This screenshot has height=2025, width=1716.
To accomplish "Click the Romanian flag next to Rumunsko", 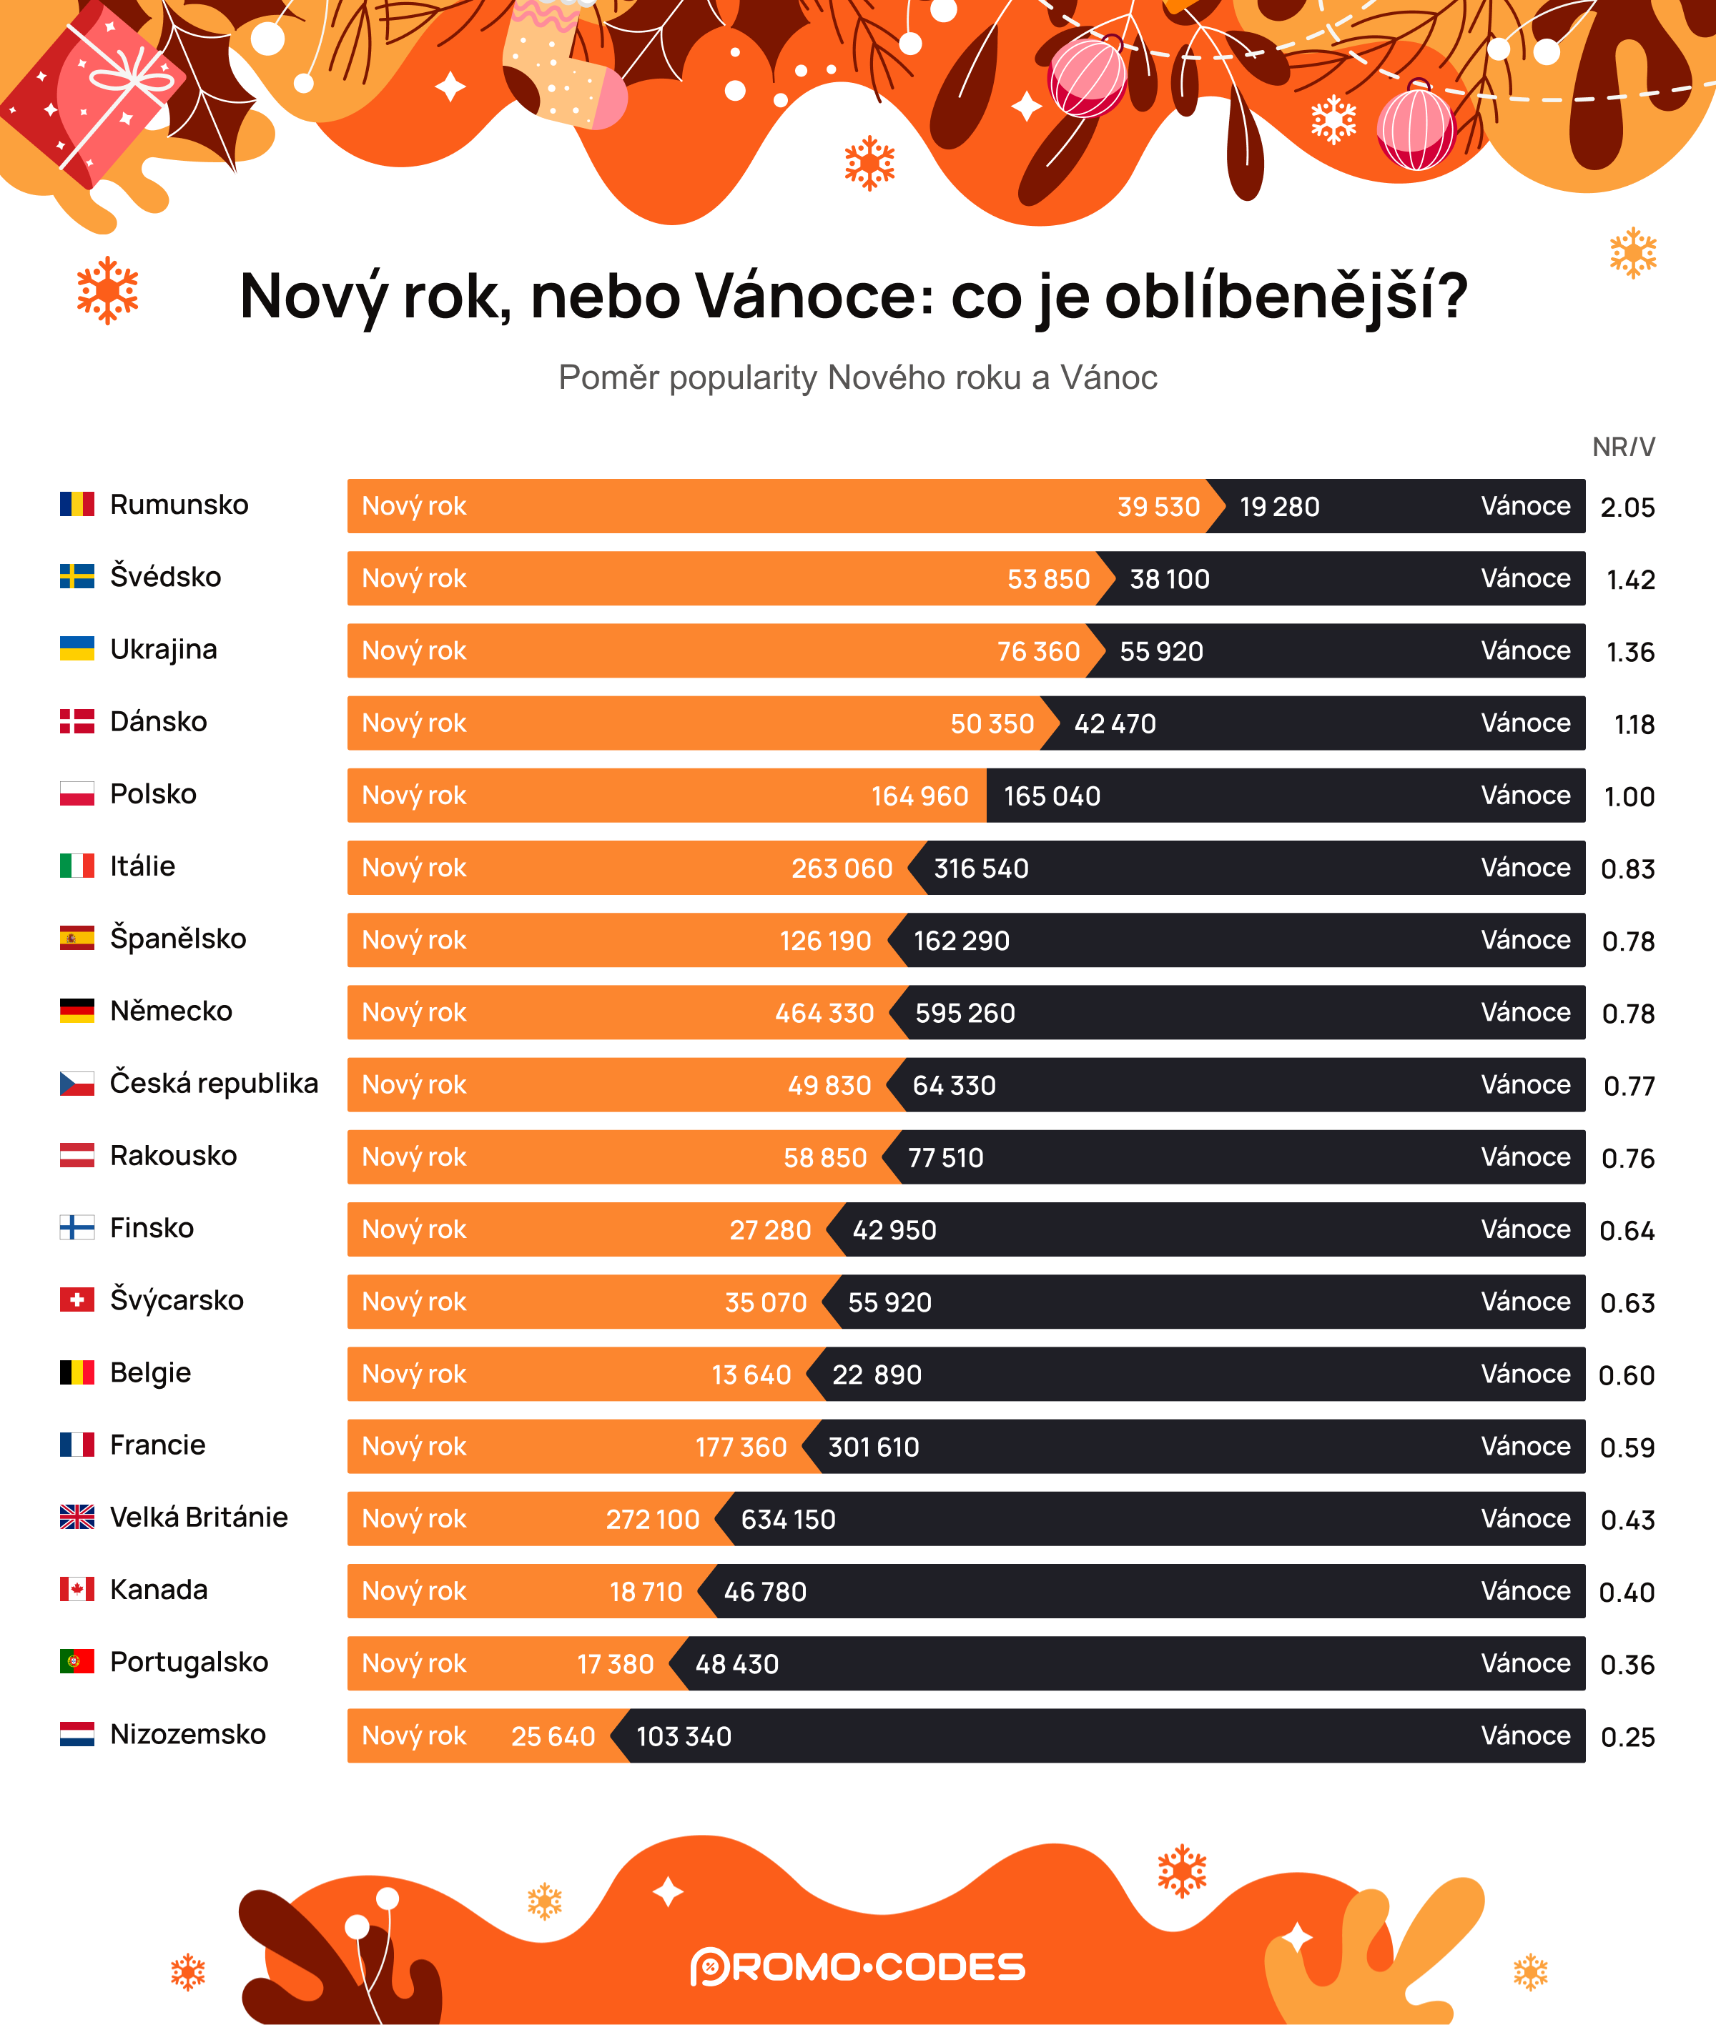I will click(x=77, y=504).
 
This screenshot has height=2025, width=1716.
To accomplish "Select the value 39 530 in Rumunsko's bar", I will click(x=1158, y=507).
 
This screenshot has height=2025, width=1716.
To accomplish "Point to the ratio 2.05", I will click(x=1627, y=508).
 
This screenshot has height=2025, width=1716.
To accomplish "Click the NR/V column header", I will click(x=1622, y=447).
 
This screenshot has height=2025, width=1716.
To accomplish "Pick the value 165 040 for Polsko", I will click(x=1052, y=796).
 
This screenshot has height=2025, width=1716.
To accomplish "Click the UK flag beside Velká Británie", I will click(x=77, y=1516).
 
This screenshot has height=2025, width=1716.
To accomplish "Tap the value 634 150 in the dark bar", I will click(x=788, y=1519).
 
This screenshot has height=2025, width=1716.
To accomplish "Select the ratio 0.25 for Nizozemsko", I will click(x=1627, y=1737).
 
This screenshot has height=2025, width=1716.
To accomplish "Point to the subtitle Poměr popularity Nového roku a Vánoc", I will click(x=857, y=377).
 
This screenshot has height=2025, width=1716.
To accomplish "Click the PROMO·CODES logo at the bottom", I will click(x=857, y=1966).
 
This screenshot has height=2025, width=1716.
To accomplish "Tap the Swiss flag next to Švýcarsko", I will click(x=77, y=1299).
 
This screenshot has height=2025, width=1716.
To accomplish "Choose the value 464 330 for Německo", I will click(x=824, y=1014).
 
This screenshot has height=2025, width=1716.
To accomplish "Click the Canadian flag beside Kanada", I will click(x=77, y=1589).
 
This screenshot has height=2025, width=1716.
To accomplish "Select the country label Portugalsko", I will click(x=189, y=1661).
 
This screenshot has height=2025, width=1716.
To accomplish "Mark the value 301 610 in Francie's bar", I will click(x=872, y=1447).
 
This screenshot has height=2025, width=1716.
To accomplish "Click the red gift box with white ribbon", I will click(x=92, y=92).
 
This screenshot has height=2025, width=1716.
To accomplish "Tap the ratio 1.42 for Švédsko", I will click(x=1629, y=580).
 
